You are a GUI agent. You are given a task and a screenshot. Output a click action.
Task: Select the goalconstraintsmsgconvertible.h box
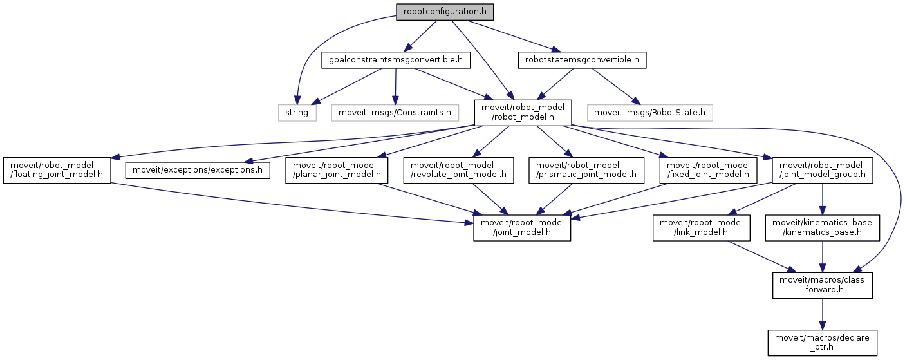tap(396, 61)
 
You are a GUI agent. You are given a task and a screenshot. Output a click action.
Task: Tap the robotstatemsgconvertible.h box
tap(582, 61)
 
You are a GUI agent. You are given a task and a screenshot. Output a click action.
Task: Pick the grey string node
tap(297, 113)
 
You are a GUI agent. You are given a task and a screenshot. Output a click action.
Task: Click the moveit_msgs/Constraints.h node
tap(395, 113)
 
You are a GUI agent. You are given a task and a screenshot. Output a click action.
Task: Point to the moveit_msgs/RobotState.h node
tap(650, 113)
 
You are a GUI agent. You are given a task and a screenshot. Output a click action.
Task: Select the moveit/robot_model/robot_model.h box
tap(522, 113)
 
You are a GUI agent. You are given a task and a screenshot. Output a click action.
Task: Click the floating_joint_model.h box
tap(56, 169)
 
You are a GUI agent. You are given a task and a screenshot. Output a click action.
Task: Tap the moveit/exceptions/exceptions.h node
tap(197, 169)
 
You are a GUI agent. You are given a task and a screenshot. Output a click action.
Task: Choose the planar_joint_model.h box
tap(336, 169)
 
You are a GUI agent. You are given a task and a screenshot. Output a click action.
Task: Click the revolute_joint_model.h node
tap(458, 169)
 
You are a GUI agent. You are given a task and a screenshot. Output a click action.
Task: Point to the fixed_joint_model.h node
tap(705, 169)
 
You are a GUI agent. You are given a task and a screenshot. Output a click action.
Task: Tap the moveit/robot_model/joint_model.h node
tap(522, 228)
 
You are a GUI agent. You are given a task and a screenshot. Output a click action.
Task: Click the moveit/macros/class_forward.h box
tap(823, 285)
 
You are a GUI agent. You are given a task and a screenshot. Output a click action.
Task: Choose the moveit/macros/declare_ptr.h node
tap(823, 342)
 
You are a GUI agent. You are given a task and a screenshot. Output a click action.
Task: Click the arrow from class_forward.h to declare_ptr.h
tap(823, 314)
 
